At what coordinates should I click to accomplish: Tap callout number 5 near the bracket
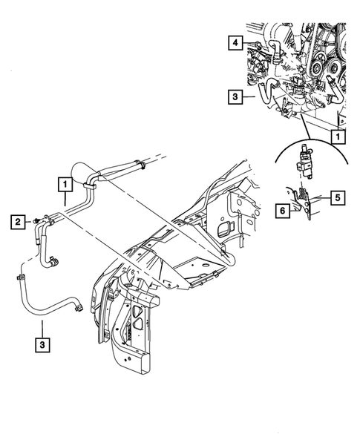336,197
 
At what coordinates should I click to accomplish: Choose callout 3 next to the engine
234,96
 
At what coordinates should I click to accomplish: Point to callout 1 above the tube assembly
66,183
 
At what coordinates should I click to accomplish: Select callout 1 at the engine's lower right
337,137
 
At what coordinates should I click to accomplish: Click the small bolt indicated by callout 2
35,220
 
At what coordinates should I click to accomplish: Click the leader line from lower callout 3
42,327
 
